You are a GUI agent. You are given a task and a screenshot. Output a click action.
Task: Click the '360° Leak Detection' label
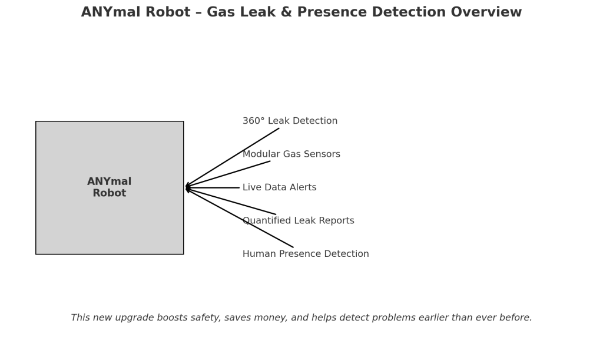pyautogui.click(x=290, y=121)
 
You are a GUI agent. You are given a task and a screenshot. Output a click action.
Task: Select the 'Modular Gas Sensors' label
pyautogui.click(x=291, y=154)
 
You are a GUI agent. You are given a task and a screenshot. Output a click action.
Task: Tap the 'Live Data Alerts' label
pyautogui.click(x=280, y=187)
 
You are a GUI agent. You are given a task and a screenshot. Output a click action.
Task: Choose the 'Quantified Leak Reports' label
pyautogui.click(x=299, y=220)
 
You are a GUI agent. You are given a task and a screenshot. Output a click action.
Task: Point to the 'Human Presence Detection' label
pyautogui.click(x=306, y=254)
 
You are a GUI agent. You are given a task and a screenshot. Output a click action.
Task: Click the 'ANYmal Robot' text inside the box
pyautogui.click(x=109, y=187)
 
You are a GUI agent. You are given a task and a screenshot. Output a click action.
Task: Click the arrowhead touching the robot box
pyautogui.click(x=187, y=188)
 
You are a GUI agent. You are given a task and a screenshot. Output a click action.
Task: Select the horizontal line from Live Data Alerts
pyautogui.click(x=212, y=188)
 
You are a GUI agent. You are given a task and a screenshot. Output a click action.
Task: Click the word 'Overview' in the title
pyautogui.click(x=486, y=12)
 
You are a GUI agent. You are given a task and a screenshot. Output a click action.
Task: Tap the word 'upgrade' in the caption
pyautogui.click(x=132, y=318)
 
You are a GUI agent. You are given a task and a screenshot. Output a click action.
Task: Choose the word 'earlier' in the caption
pyautogui.click(x=433, y=318)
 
